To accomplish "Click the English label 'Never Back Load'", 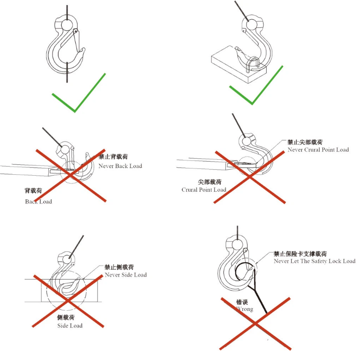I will pos(120,166).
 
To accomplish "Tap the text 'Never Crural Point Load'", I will pos(318,150).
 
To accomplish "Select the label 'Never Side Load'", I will pos(125,275).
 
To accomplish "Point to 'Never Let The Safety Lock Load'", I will pos(314,261).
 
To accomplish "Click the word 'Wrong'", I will pos(245,309).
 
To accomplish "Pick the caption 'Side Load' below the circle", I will pos(70,325).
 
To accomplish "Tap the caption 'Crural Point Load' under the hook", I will pos(203,190).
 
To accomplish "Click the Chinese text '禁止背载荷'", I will pos(113,157).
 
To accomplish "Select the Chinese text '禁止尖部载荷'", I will pos(304,142).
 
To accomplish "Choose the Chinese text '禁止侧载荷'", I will pos(119,267).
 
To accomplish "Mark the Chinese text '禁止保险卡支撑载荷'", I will pos(300,253).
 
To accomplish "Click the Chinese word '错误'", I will pos(242,302).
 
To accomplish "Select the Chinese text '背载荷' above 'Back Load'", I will pos(33,191).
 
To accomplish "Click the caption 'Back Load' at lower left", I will pos(38,202).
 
